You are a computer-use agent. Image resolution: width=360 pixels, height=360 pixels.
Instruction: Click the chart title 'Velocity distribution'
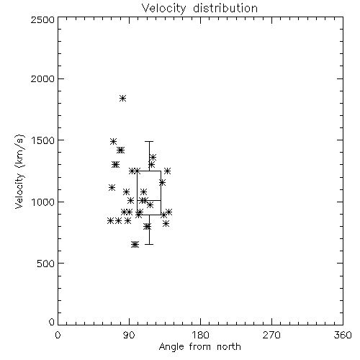[x=199, y=9]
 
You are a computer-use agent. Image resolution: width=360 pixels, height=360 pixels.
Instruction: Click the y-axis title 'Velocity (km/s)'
[x=19, y=171]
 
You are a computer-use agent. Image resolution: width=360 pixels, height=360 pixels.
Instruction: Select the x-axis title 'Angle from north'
[x=200, y=347]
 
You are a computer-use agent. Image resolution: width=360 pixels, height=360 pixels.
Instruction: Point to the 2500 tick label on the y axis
[x=42, y=19]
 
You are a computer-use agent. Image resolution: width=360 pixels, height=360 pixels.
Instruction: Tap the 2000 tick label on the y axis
[x=42, y=78]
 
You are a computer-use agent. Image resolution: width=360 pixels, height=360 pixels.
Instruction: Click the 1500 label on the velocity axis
[x=43, y=140]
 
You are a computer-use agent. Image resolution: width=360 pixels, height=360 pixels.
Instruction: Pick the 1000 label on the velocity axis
[x=43, y=202]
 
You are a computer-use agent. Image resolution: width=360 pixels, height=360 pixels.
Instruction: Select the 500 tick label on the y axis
[x=46, y=264]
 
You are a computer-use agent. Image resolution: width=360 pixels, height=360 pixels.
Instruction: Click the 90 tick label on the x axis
[x=129, y=335]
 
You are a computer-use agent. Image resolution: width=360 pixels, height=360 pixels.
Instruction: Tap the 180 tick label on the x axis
[x=200, y=335]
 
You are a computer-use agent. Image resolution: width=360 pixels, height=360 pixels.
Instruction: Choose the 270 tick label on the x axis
[x=271, y=335]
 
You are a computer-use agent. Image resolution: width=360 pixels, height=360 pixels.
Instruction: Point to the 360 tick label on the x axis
[x=343, y=335]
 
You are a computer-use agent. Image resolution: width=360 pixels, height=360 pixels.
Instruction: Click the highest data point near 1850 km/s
[x=123, y=98]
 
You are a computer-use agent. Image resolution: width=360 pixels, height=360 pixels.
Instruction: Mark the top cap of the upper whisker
[x=149, y=142]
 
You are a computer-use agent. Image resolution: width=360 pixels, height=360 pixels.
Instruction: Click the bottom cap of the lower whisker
[x=149, y=244]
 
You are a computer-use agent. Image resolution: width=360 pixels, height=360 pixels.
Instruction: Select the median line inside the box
[x=149, y=200]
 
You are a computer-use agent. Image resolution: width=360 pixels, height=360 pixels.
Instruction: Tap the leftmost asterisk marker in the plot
[x=110, y=220]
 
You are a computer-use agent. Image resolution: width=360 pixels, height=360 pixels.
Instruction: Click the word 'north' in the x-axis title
[x=229, y=347]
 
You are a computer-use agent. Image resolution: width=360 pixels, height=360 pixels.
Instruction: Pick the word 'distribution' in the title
[x=225, y=9]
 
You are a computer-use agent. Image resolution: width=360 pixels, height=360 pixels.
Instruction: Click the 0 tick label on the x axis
[x=58, y=335]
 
